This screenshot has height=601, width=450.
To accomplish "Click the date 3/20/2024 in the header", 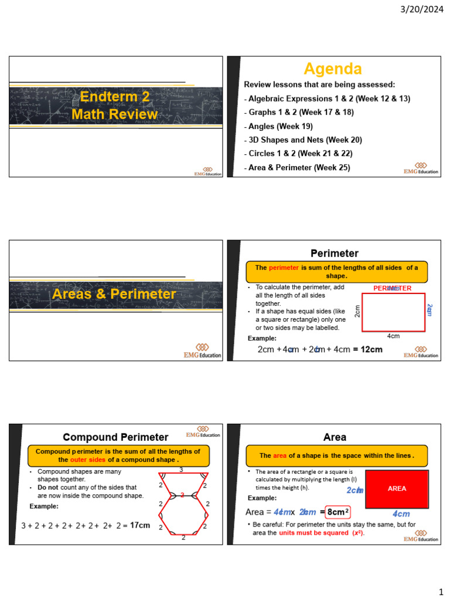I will point(423,9).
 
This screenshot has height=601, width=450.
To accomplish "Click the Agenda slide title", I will point(332,69).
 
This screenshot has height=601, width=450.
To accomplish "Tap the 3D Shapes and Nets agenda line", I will point(303,140).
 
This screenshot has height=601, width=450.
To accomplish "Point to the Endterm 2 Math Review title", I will point(115,106).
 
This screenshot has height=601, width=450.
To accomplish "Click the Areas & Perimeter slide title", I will point(114,294).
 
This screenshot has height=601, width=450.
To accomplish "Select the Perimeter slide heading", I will point(334,254).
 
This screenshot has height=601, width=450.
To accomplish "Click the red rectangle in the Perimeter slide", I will point(393,312).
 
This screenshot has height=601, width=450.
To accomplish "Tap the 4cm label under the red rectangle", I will point(394,336).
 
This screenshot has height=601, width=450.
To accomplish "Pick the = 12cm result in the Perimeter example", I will point(367,350).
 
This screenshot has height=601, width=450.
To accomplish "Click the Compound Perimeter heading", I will point(115,437).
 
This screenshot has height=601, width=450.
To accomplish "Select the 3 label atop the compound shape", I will point(181,470).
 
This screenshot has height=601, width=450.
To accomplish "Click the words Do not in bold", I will point(50,487).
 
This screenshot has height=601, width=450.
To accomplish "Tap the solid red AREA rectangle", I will point(397,488).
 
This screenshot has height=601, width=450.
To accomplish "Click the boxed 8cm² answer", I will point(338,512).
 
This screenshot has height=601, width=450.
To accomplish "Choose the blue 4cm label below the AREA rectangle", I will point(401,514).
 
